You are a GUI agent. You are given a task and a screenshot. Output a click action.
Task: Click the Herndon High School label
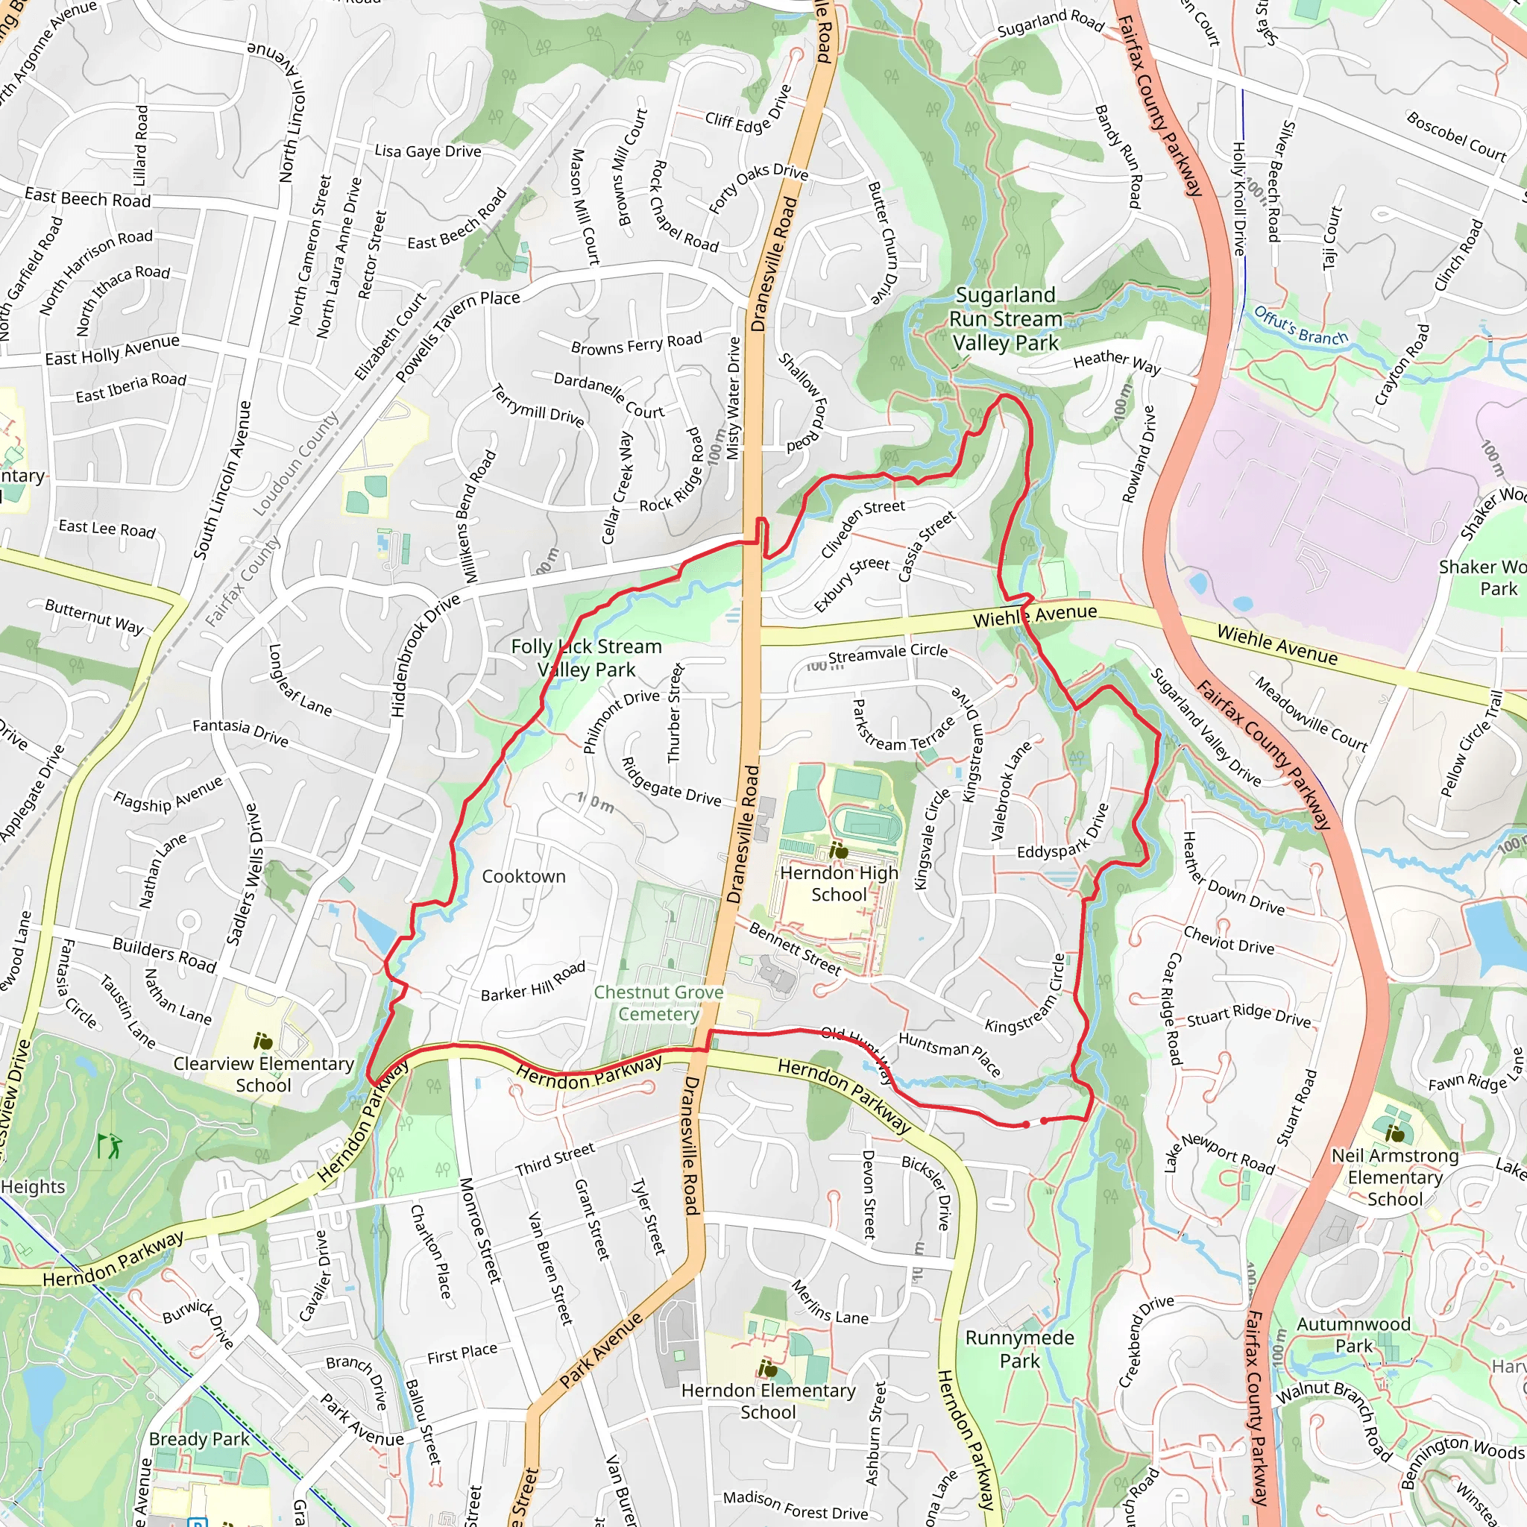tap(839, 884)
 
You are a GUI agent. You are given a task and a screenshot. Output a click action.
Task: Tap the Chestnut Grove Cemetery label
tap(658, 1003)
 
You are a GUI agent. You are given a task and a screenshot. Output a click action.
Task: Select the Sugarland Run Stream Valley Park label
tap(1004, 318)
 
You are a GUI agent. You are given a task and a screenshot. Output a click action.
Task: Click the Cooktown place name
tap(523, 876)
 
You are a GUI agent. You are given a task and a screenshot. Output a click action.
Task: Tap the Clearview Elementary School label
tap(263, 1074)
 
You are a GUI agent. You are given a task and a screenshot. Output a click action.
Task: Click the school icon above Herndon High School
tap(838, 851)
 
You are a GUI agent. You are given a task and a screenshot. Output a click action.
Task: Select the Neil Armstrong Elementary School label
tap(1394, 1177)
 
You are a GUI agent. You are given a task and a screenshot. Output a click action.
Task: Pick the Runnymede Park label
tap(1019, 1348)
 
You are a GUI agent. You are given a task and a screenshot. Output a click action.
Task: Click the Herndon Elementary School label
tap(767, 1400)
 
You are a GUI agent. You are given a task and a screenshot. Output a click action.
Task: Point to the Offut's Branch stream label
tap(1300, 326)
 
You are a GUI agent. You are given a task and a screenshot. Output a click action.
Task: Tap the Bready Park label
tap(199, 1438)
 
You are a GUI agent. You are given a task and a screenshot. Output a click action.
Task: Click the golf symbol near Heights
tap(108, 1145)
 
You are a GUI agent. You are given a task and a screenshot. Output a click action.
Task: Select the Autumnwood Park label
tap(1353, 1334)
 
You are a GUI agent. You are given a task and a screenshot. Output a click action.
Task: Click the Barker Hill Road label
tap(534, 981)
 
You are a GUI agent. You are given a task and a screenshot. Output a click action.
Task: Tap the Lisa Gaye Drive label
tap(427, 151)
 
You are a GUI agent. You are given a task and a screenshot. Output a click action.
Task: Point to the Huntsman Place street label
tap(950, 1054)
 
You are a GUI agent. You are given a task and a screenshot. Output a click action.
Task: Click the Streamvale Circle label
tap(887, 653)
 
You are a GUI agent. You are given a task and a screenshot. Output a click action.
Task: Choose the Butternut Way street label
tap(94, 616)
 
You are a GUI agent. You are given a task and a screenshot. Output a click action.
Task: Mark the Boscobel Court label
tap(1456, 136)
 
